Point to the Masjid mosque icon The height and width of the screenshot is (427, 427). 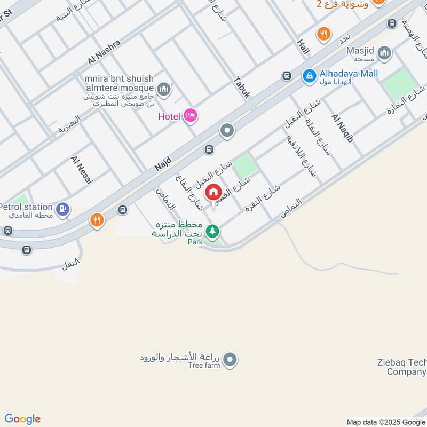coord(384,53)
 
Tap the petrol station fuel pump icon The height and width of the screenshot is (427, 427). coord(64,209)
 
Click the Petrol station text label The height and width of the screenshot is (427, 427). coord(26,207)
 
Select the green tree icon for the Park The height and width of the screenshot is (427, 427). coord(213,231)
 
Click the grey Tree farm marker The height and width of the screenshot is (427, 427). coord(230,360)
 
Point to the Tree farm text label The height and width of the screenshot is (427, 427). coord(204,366)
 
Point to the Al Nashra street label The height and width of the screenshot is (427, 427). coord(105,52)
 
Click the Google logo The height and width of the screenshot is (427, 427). coord(22,419)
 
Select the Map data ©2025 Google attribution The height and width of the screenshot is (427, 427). coord(386,422)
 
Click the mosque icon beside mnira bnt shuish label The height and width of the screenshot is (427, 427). coord(164,89)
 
